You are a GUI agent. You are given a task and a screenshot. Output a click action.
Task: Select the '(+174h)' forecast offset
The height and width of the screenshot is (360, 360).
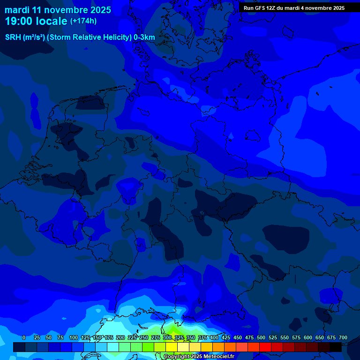click(x=83, y=21)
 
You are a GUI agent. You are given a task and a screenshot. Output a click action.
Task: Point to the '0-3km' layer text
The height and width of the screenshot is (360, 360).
click(x=144, y=37)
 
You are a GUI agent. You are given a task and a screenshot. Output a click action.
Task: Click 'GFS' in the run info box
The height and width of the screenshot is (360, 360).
click(x=259, y=8)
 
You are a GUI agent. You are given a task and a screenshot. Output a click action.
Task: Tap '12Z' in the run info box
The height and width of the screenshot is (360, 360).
click(x=271, y=8)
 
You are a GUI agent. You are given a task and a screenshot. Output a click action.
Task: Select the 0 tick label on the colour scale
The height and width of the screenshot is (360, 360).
click(x=24, y=337)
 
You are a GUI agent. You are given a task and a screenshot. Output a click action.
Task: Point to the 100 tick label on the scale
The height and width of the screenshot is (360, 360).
click(x=74, y=337)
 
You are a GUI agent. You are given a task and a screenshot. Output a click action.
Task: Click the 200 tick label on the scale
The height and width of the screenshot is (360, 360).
click(x=120, y=337)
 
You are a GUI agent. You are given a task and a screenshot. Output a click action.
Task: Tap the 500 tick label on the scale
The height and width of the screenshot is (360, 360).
click(x=261, y=337)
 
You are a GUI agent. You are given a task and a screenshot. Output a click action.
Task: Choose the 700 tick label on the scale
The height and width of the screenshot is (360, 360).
click(x=343, y=337)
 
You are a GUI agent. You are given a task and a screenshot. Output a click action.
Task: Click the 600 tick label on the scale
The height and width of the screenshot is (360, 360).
click(x=308, y=337)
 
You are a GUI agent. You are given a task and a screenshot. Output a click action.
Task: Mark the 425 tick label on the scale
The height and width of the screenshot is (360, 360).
click(x=226, y=337)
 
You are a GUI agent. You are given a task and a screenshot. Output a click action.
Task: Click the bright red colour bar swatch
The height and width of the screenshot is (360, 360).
click(x=265, y=347)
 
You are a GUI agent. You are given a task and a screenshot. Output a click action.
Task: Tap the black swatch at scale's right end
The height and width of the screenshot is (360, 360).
click(x=336, y=347)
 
